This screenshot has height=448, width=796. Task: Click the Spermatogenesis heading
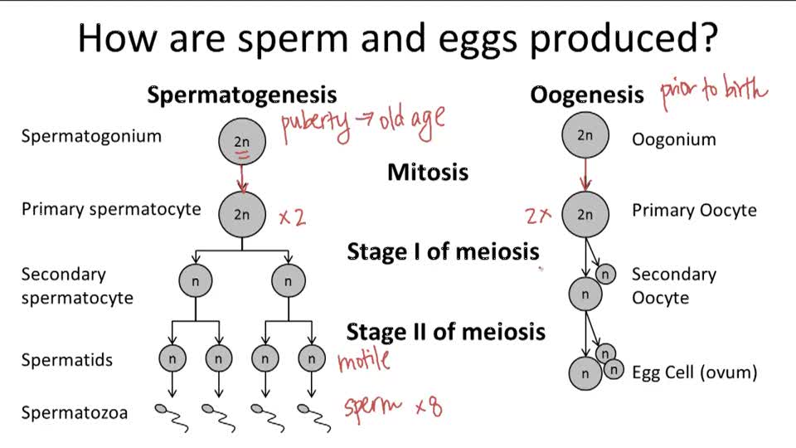point(242,95)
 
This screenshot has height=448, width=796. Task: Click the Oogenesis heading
point(586,95)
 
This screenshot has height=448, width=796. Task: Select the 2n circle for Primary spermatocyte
point(241,214)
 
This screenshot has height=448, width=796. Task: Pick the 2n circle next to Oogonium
point(585,135)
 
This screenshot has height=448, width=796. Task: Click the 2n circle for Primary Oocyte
point(585,214)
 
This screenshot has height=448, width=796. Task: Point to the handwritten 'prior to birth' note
point(714,94)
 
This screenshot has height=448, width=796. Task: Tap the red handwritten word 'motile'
point(363,360)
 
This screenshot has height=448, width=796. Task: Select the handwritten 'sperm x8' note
point(392,407)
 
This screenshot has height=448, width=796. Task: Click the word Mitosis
point(428,173)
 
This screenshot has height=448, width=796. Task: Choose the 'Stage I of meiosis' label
point(443,251)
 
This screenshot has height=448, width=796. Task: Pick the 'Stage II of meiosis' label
point(445,332)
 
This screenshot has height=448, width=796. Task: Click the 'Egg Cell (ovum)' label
point(695,373)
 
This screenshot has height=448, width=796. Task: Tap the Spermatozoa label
point(75,412)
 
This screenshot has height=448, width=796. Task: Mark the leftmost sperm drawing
point(172,416)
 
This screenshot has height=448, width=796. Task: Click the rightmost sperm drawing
point(312,416)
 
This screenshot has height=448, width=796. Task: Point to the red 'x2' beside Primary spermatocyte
point(292,217)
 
